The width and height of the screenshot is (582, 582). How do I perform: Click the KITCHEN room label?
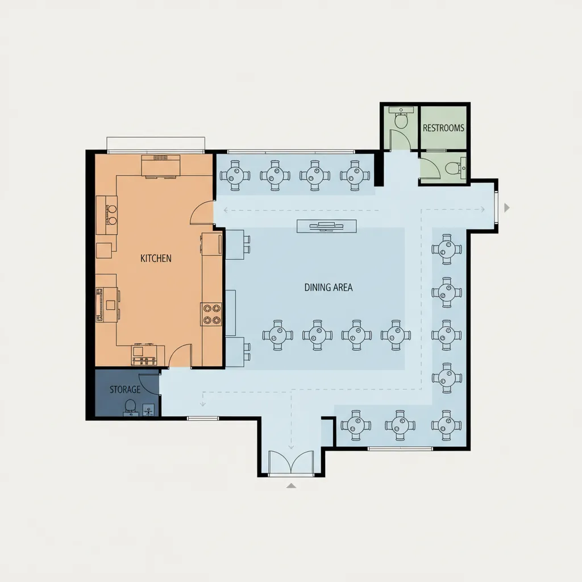(156, 259)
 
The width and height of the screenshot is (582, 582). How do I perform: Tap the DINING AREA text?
(329, 287)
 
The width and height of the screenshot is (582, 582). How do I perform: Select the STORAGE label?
(125, 389)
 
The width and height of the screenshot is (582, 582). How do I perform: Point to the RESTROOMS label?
(443, 128)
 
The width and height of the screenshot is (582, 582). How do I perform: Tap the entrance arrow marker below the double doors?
(292, 485)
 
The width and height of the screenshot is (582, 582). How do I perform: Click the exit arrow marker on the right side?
(506, 208)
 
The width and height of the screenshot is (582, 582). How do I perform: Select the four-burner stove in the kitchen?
(211, 314)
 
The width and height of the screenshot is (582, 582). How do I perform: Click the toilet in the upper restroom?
(401, 120)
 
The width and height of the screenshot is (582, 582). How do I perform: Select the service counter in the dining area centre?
(327, 226)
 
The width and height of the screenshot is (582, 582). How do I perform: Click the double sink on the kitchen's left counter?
(111, 215)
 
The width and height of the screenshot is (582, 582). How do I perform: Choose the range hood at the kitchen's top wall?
(161, 165)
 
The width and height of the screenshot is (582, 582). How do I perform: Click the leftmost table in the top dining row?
(235, 175)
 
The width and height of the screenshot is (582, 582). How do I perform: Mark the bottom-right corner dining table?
(447, 425)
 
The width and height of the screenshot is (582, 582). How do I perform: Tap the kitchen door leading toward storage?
(180, 356)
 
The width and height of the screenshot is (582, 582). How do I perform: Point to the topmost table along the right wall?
(447, 249)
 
